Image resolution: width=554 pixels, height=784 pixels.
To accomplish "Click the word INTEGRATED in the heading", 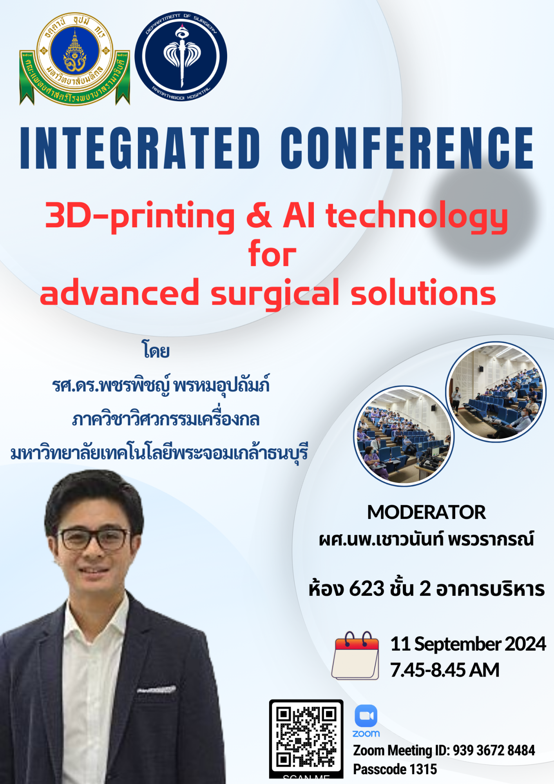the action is coord(140,148).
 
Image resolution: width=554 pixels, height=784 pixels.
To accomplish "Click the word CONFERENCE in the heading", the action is coord(407,148).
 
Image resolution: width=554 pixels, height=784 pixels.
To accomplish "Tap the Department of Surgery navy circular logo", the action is coord(181,56).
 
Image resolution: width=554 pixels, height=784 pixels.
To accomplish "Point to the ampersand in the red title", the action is coord(259,216).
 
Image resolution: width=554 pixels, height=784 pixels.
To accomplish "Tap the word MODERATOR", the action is coord(426,512).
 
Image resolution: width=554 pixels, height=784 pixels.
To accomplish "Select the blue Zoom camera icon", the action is coord(366,716).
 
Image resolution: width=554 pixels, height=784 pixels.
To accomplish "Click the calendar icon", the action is coord(356,655).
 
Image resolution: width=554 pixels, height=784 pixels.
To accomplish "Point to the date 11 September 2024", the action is coord(468,644).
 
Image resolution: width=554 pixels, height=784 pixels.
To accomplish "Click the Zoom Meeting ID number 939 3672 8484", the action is coord(494,750).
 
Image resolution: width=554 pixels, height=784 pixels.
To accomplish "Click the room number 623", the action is coord(367,589).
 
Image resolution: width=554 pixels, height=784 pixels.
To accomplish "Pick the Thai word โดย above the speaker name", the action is coord(156,350).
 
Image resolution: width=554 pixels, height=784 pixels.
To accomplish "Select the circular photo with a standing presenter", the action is coord(496,392).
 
